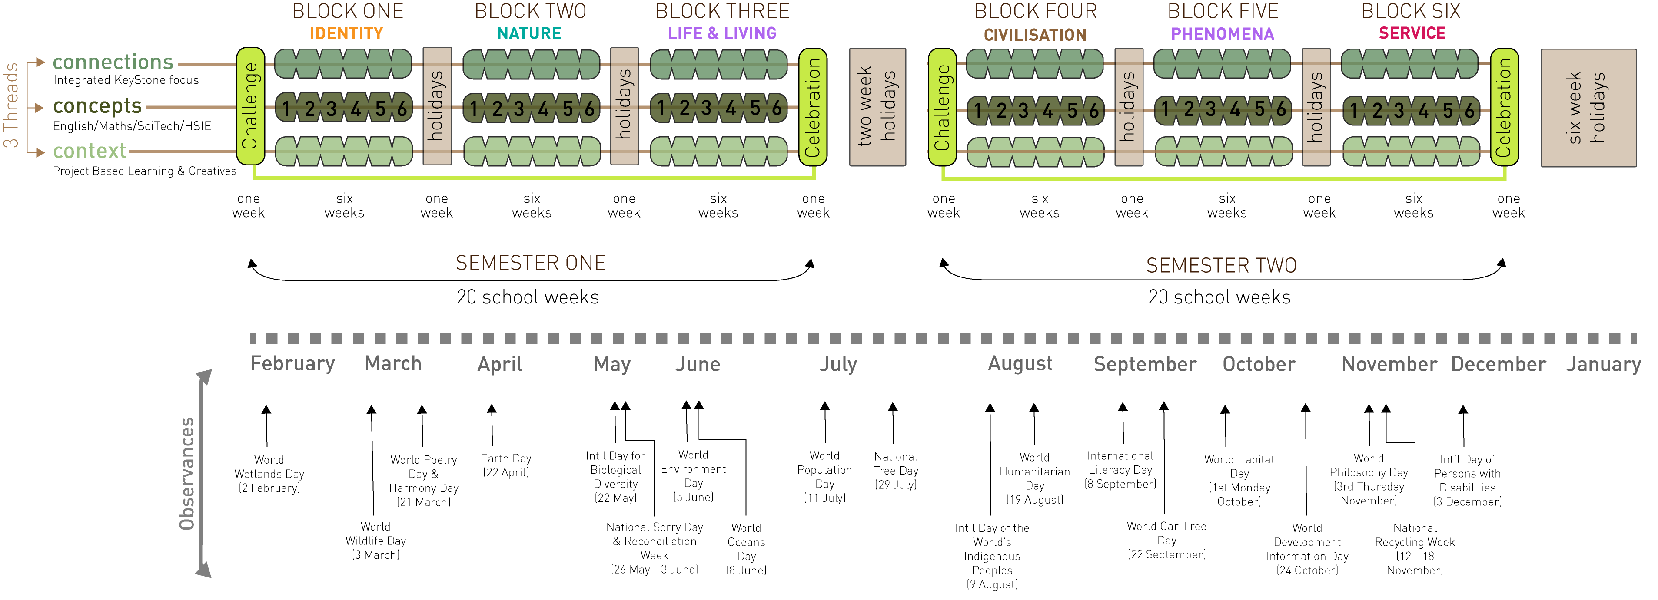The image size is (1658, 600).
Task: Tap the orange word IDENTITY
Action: [x=346, y=33]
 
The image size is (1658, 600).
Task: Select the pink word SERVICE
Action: [x=1412, y=33]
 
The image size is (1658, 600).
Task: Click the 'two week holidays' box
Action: [x=877, y=107]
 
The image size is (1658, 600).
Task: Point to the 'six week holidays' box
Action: [x=1588, y=107]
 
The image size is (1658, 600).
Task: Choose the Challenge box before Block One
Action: [x=250, y=106]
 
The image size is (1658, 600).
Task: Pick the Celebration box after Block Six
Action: [x=1504, y=107]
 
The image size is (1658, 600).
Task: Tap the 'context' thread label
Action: [x=90, y=151]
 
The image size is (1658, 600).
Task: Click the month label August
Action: [x=1020, y=364]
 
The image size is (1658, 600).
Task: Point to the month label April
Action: [x=499, y=365]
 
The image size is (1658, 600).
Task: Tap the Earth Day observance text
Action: [x=506, y=465]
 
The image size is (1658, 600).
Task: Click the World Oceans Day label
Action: [x=746, y=549]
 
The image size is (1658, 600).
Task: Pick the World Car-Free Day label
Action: [x=1166, y=540]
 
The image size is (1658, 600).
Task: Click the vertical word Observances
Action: [x=186, y=474]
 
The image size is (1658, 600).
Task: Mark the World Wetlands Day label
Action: [x=269, y=474]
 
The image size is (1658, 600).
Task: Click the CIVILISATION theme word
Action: [x=1035, y=35]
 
